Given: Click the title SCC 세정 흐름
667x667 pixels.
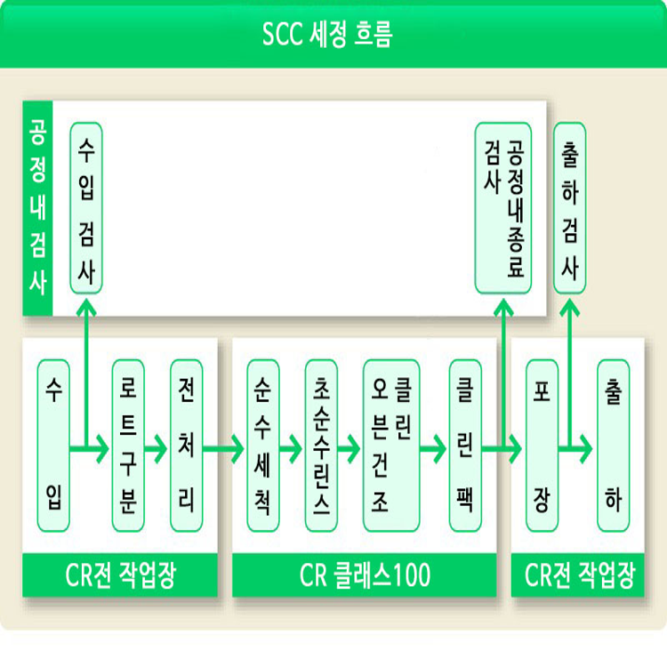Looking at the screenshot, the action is coord(327,34).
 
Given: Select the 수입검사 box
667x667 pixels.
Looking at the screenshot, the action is coord(86,208).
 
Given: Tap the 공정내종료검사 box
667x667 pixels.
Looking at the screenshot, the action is coord(502,208).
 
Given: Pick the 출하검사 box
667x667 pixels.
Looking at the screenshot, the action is coord(569,208).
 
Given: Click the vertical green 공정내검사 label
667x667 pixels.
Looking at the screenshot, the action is coord(37,208).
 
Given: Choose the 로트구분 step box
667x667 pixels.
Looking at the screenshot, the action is coord(128,446).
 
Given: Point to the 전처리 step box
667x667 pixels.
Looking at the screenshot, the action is coord(187,446).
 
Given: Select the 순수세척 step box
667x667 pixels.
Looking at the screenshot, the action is coord(263,446).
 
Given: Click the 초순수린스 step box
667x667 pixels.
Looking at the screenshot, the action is coord(321,446).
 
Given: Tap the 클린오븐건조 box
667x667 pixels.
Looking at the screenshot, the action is coord(391,446).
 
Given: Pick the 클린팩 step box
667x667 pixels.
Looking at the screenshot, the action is coord(465,446).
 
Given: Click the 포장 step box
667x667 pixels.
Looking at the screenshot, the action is coord(542,446).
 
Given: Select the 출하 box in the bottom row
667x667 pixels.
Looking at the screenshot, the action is coord(613,446).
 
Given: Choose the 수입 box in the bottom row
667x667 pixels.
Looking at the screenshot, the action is coord(53,446).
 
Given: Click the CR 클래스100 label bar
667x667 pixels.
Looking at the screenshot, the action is coord(365,575).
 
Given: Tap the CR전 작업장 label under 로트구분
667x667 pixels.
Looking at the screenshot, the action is coord(120,575).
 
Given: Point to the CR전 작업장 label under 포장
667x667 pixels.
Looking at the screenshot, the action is coord(578,575).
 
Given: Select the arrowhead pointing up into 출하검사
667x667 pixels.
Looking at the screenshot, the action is coord(569,307).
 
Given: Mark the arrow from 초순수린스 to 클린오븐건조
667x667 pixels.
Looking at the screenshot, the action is coord(350,448).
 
